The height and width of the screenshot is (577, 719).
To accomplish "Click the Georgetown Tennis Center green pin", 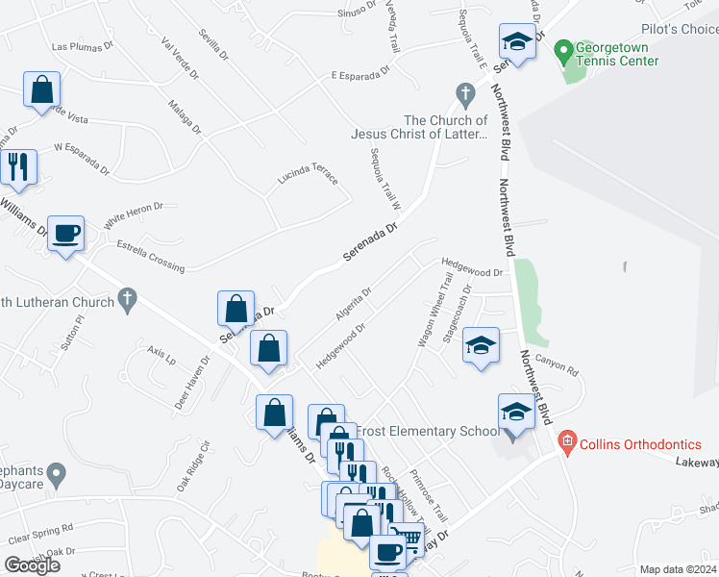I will tap(564, 48).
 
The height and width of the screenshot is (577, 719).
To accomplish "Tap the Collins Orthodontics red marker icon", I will tap(566, 443).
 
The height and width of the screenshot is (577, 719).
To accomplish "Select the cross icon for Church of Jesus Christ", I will tap(465, 94).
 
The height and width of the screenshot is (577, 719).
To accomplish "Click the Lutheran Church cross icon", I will tap(127, 299).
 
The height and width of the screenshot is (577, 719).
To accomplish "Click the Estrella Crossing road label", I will tap(150, 252).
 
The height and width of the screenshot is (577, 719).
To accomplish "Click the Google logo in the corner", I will tap(32, 564).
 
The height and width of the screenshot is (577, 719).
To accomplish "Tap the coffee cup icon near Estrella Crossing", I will tap(65, 233).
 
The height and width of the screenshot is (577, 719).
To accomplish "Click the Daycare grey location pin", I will tap(57, 472).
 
